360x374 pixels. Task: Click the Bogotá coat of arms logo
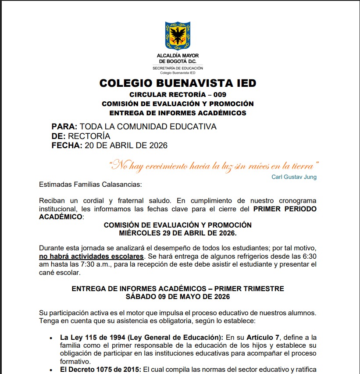click(178, 36)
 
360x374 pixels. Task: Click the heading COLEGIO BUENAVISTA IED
click(178, 83)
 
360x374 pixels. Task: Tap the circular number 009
click(218, 95)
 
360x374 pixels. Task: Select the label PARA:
click(64, 127)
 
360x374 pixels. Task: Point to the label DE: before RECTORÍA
click(59, 136)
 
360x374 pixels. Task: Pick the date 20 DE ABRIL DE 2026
click(126, 145)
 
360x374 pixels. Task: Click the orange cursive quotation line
click(214, 166)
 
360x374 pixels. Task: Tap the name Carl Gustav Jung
click(294, 177)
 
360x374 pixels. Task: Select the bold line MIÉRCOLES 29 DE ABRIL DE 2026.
click(178, 233)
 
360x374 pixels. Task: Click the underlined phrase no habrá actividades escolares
click(91, 256)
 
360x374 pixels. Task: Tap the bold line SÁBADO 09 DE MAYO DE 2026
click(178, 296)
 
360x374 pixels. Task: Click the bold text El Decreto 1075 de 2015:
click(100, 370)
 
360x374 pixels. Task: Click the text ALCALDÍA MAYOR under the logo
click(178, 56)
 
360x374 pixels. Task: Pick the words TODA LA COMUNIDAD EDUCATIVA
click(148, 127)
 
